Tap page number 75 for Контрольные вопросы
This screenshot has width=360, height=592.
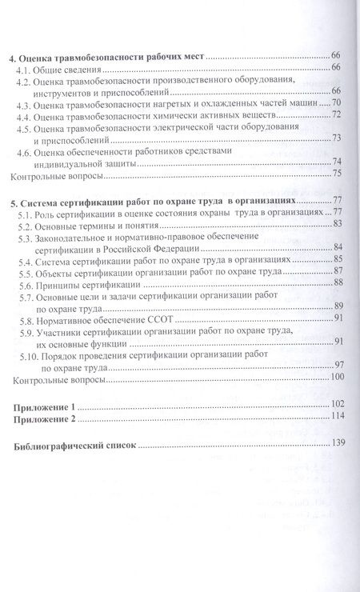(x=338, y=174)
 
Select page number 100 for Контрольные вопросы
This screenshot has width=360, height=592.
(x=335, y=378)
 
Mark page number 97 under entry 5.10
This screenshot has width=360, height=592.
(x=338, y=366)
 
